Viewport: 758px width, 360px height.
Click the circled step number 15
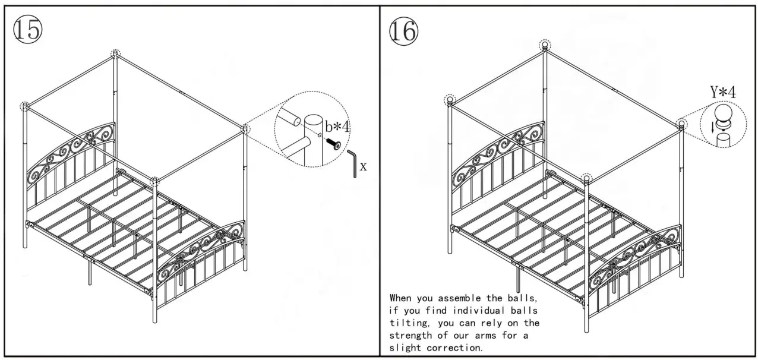(x=28, y=30)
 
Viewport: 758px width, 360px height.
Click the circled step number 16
(x=403, y=30)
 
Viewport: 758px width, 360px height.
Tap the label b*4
(x=337, y=126)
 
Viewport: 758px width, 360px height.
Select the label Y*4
(x=723, y=93)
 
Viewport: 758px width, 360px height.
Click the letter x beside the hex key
(x=363, y=167)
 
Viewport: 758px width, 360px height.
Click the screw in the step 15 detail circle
(x=333, y=143)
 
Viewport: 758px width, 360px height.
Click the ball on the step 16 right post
(x=681, y=124)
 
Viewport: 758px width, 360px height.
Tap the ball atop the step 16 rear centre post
(x=545, y=45)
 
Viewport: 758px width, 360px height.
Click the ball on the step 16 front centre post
(x=587, y=178)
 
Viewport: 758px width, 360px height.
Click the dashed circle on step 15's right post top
(x=245, y=128)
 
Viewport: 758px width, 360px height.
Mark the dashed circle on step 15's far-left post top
(x=24, y=106)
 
